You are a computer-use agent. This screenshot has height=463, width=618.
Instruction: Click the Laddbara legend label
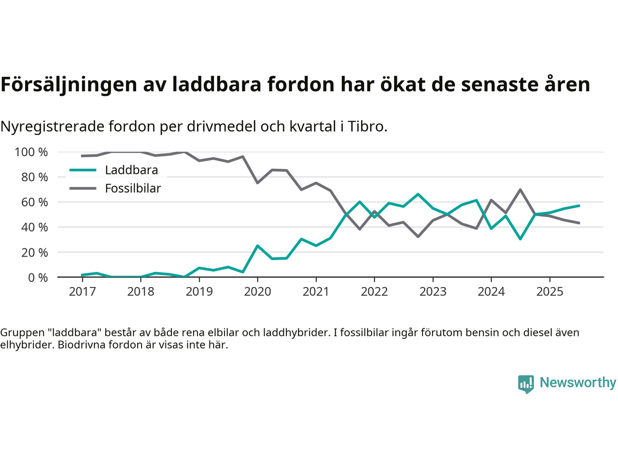pyautogui.click(x=131, y=170)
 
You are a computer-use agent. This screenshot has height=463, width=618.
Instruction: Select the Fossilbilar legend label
pyautogui.click(x=133, y=189)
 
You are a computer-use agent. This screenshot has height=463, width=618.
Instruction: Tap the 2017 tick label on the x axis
pyautogui.click(x=82, y=292)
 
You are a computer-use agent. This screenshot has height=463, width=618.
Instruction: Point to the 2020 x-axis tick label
pyautogui.click(x=257, y=292)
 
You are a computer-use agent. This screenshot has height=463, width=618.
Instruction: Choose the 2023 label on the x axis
pyautogui.click(x=433, y=292)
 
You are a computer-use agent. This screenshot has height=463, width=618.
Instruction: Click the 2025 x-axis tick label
pyautogui.click(x=549, y=292)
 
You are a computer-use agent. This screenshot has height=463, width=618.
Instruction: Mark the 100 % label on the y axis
pyautogui.click(x=31, y=152)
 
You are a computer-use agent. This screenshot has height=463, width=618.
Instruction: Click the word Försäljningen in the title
pyautogui.click(x=69, y=85)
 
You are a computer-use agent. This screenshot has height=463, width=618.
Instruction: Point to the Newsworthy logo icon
pyautogui.click(x=526, y=384)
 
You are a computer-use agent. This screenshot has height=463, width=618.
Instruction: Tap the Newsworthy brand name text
pyautogui.click(x=577, y=383)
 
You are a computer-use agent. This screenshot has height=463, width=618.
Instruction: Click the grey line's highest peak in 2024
pyautogui.click(x=520, y=190)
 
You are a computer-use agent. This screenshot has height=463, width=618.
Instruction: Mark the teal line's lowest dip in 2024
pyautogui.click(x=520, y=239)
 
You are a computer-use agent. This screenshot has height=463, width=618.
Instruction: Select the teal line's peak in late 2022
pyautogui.click(x=418, y=194)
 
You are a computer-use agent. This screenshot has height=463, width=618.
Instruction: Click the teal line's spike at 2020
pyautogui.click(x=257, y=246)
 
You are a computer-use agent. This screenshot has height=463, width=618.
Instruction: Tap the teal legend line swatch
pyautogui.click(x=83, y=170)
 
